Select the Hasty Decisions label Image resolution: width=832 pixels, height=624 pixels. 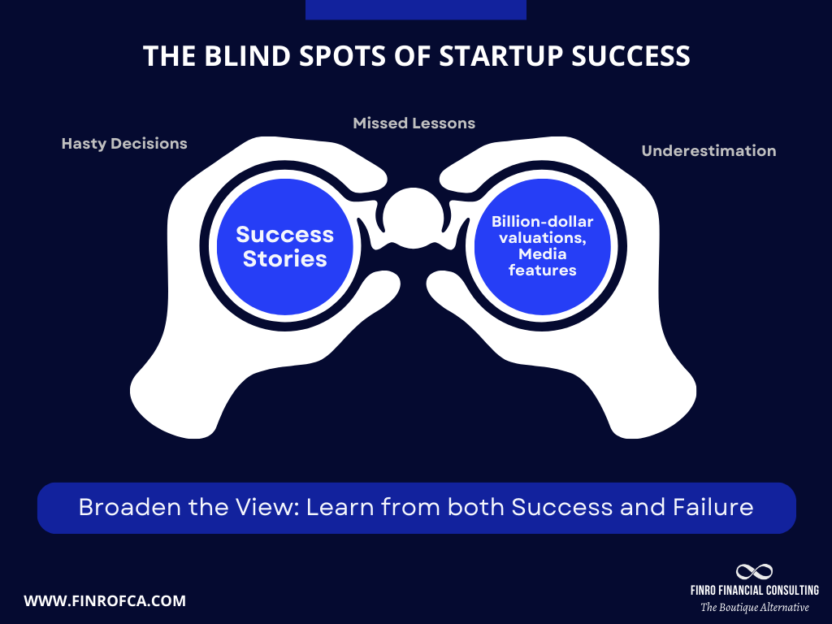(x=124, y=144)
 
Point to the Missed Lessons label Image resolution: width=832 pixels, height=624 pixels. (x=414, y=123)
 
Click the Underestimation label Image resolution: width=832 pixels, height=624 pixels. (x=708, y=151)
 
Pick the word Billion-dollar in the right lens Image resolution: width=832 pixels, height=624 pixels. (x=542, y=222)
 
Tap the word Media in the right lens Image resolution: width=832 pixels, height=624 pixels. (x=542, y=255)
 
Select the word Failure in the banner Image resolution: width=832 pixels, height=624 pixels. (x=713, y=508)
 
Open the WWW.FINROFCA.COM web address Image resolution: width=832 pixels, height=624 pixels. (x=105, y=601)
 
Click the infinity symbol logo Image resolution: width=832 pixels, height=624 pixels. (x=754, y=572)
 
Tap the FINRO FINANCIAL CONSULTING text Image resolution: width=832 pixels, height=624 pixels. (x=754, y=591)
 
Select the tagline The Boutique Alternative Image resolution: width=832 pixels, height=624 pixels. (x=754, y=607)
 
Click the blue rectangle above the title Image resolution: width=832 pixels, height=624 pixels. (x=415, y=10)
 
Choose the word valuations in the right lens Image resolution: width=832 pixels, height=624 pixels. (x=542, y=238)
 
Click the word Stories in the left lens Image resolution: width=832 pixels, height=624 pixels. (x=284, y=259)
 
